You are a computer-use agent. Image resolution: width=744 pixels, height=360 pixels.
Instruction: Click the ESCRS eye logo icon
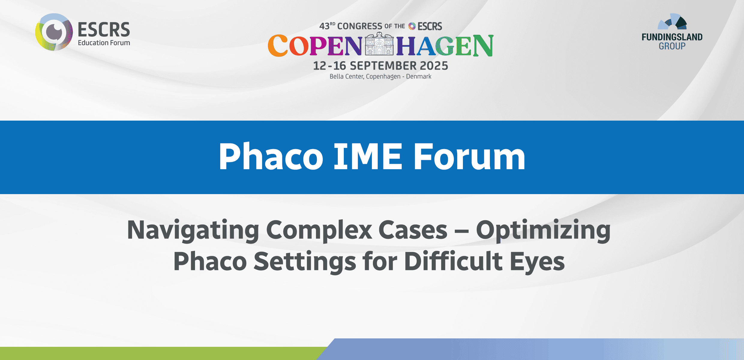click(54, 32)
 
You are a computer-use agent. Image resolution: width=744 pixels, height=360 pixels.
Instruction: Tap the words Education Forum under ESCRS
click(104, 43)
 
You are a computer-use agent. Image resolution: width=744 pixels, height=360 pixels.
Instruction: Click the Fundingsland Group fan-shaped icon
click(673, 22)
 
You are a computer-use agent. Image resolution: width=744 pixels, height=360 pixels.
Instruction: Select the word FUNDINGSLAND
click(672, 37)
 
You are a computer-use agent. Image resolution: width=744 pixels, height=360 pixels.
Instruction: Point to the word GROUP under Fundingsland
click(672, 46)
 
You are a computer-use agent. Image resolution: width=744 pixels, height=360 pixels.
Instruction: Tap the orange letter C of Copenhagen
click(278, 46)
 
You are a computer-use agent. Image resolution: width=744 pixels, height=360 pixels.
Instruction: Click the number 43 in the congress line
click(324, 26)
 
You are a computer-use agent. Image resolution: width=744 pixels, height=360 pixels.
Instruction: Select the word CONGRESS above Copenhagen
click(360, 26)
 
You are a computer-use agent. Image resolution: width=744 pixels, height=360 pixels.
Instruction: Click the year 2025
click(434, 66)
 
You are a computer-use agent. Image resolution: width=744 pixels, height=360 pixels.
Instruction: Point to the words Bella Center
click(346, 76)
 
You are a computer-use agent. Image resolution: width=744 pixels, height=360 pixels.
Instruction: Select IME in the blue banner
click(368, 157)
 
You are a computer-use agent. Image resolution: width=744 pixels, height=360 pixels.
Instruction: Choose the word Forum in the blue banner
click(469, 157)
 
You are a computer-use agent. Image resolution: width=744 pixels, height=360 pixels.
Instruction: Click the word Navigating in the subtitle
click(193, 230)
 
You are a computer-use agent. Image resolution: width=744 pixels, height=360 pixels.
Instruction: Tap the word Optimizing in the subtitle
click(543, 230)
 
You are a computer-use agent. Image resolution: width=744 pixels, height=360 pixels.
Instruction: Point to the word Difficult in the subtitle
click(453, 262)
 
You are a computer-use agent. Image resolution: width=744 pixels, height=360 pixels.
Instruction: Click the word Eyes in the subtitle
click(537, 262)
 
